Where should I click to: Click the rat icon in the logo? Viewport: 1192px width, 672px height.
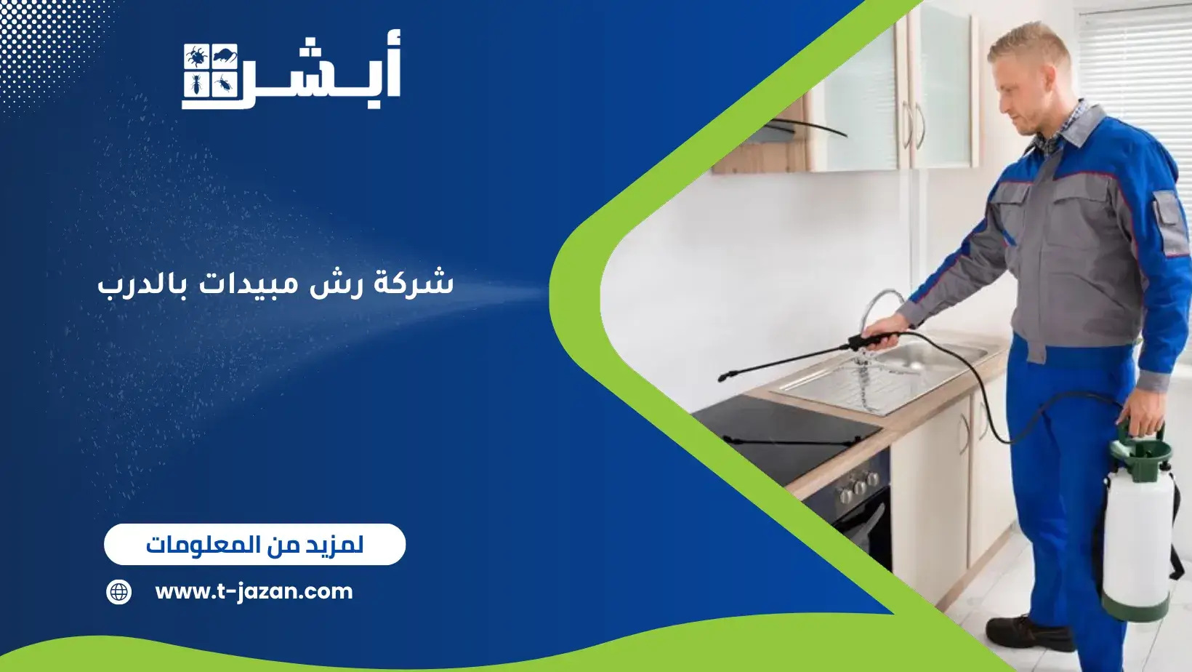(225, 55)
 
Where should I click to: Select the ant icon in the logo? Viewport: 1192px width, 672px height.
(196, 85)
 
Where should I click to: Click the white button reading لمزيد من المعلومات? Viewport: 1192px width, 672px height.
(254, 544)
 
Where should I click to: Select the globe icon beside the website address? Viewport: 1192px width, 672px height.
(118, 591)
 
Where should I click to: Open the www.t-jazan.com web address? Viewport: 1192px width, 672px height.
(254, 591)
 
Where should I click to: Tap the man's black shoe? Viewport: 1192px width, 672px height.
(1029, 633)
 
